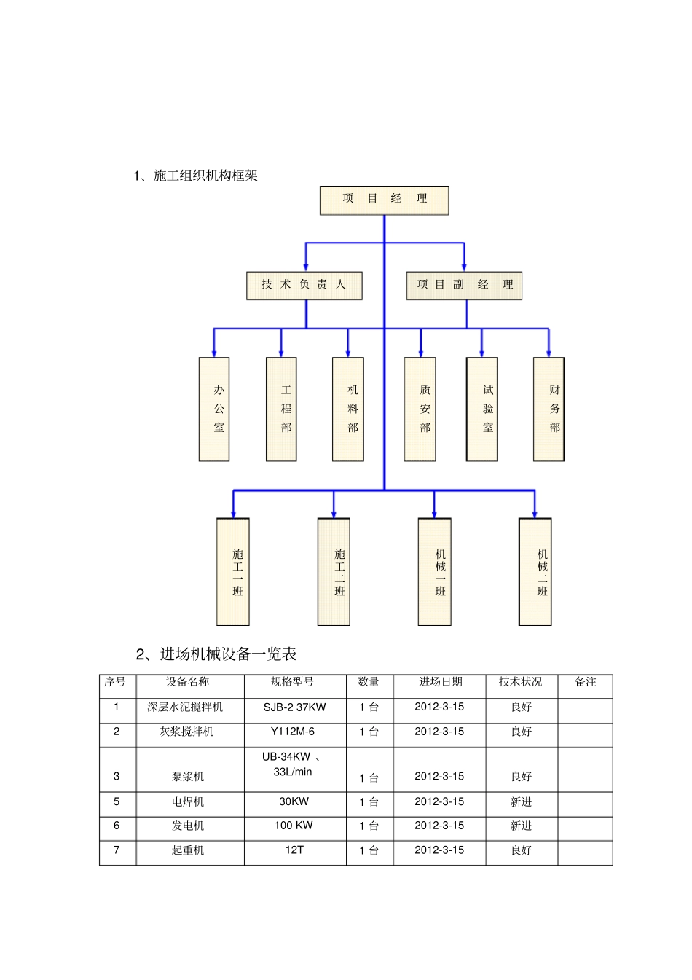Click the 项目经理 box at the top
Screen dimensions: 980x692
384,200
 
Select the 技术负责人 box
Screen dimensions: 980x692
304,285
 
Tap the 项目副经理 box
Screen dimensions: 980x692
464,285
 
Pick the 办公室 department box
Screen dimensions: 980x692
214,409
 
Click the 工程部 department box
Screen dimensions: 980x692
281,409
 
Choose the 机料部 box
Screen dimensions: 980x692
348,409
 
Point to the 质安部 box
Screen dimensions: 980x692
420,409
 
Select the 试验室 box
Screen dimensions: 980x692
481,409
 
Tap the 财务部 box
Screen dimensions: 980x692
549,409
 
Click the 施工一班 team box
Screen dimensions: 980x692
233,572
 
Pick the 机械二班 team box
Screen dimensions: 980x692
535,572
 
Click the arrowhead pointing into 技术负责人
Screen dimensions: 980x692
306,267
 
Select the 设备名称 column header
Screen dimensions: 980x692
187,682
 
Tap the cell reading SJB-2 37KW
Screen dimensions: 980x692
294,707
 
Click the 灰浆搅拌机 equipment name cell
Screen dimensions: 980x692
187,732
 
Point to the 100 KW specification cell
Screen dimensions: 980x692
294,826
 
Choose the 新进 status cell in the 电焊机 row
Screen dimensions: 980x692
521,801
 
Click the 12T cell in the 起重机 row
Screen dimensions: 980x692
294,850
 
